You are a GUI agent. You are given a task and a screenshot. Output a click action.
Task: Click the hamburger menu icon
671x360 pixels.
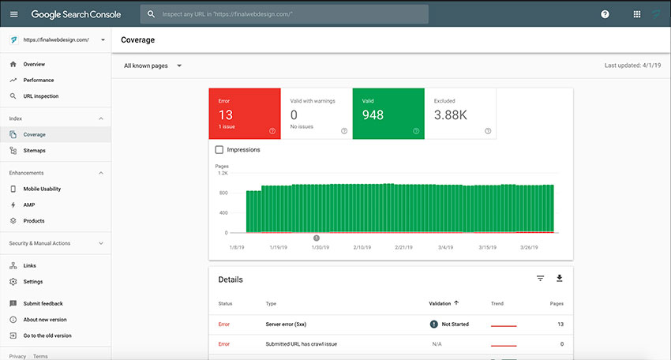(13, 14)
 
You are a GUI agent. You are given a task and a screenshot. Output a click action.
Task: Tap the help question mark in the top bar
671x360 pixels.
(605, 14)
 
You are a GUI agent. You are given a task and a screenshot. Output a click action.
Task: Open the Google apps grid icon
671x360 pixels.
(637, 14)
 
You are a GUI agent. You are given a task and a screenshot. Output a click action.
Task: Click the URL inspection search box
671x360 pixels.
(284, 14)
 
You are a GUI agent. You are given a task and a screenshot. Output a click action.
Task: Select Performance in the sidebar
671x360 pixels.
(39, 80)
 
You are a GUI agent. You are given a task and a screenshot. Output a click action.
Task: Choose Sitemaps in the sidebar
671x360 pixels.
(34, 151)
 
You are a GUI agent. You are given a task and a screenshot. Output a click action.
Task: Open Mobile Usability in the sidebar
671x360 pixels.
(42, 189)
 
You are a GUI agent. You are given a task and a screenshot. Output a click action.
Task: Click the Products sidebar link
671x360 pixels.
(34, 221)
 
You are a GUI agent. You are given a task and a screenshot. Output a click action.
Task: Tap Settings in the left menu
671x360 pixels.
(33, 282)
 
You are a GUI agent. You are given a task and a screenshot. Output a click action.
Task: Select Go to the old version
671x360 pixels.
(47, 336)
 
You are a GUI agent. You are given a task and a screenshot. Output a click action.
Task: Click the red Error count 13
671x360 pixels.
(226, 114)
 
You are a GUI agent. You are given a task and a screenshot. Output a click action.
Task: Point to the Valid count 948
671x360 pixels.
(373, 114)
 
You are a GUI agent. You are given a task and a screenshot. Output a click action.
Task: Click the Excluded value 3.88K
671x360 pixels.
(450, 114)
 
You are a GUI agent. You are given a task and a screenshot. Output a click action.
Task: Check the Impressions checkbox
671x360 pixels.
(219, 150)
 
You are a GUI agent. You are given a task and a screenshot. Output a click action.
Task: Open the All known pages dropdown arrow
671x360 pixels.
(179, 66)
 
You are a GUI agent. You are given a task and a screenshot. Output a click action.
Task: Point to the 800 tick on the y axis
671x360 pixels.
(223, 193)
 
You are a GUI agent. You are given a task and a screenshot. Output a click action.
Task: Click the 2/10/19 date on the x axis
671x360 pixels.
(362, 247)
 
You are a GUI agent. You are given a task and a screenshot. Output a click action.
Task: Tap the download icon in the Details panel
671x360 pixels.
(560, 278)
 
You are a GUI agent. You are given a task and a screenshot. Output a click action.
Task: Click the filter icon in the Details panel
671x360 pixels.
(540, 278)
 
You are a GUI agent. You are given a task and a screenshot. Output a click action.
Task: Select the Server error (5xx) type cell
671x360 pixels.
(286, 324)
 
